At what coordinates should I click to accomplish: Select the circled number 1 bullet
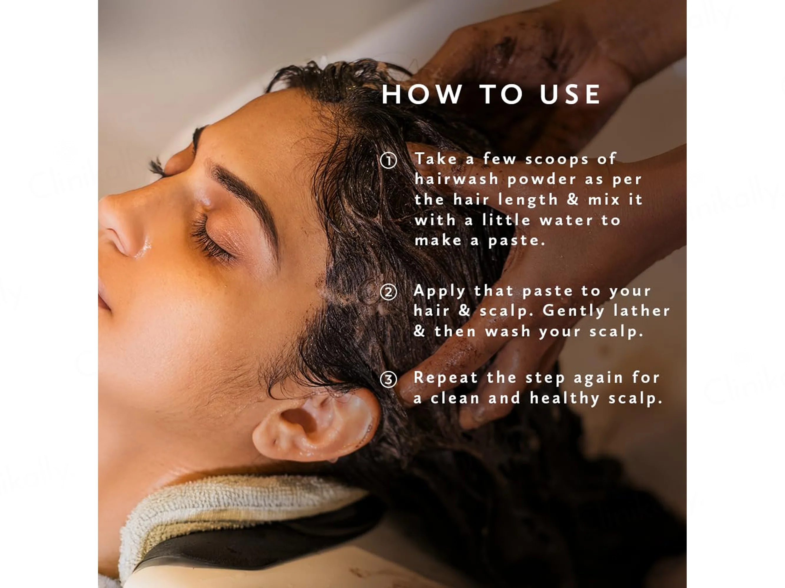click(388, 161)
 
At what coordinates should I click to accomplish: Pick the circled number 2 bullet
click(388, 293)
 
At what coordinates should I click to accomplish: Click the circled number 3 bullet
click(388, 380)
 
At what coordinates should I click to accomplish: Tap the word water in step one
click(566, 220)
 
